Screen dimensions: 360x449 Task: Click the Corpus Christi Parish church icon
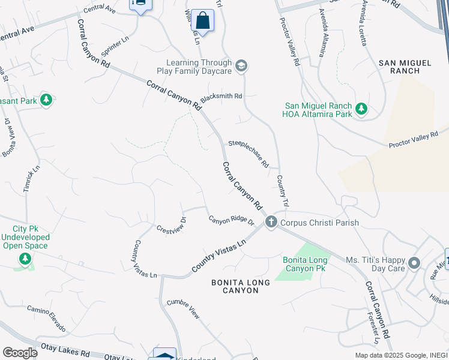click(x=271, y=223)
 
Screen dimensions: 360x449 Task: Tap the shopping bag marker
click(x=203, y=22)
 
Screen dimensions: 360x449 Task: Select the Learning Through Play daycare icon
click(x=241, y=66)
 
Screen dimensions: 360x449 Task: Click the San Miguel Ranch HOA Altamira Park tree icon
click(x=361, y=109)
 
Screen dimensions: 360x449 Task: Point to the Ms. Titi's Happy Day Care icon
click(x=414, y=263)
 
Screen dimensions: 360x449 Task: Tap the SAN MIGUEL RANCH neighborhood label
click(x=405, y=67)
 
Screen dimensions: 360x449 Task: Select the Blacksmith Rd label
click(x=221, y=97)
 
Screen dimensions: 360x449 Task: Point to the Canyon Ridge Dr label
click(x=232, y=220)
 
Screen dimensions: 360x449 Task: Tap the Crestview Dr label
click(x=172, y=224)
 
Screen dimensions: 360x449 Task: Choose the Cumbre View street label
click(x=183, y=308)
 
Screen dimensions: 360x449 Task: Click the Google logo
click(x=20, y=352)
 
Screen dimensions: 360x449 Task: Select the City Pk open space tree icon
click(x=25, y=259)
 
